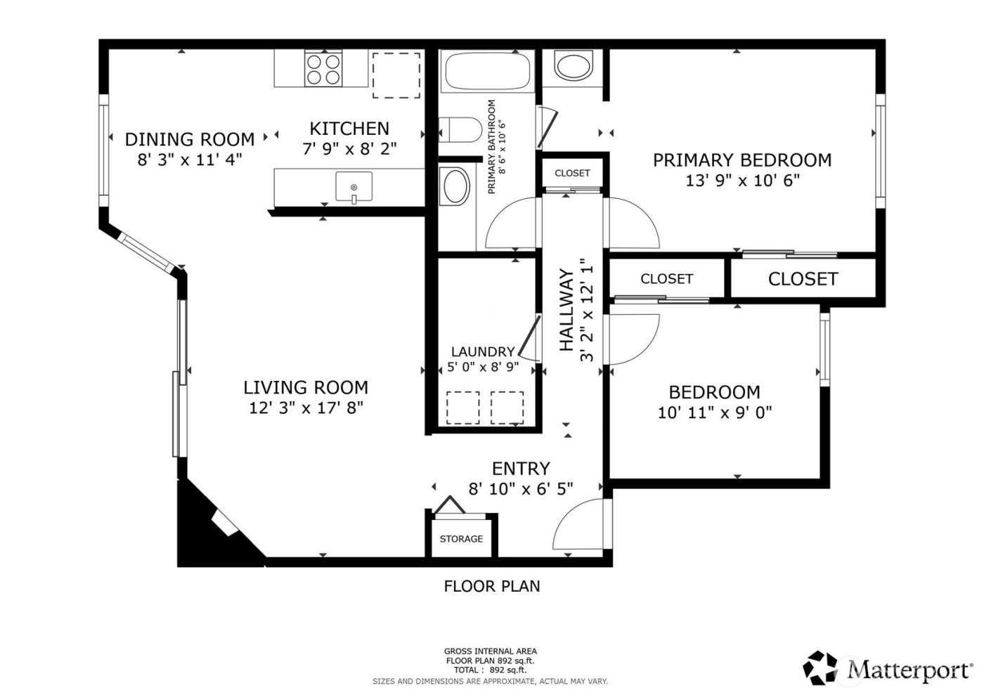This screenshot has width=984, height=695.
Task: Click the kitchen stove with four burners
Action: coord(323,69)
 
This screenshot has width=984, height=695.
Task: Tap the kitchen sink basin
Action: coord(354,187)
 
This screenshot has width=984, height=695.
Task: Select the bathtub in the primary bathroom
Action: coord(486,70)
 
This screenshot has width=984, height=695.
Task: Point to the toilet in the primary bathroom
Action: coord(457,130)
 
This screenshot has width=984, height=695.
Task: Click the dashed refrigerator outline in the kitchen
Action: coord(396,75)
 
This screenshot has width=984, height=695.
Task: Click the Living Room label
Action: coord(306,387)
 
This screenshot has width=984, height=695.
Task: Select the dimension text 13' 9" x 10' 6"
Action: coord(742,181)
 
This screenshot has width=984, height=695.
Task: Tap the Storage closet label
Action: coord(461,539)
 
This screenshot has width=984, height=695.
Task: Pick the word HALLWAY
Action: coord(567,310)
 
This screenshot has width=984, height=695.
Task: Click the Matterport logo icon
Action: coord(820,668)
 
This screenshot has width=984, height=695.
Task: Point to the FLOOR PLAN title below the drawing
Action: coord(492,586)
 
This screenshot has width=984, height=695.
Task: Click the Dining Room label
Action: coord(190,139)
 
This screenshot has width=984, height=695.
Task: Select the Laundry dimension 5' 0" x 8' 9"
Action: coord(483,367)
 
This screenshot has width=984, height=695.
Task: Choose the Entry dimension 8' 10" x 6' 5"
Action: coord(521,488)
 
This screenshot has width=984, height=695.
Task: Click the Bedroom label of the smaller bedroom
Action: coord(714,392)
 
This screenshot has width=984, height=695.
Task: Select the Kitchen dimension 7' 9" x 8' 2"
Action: coord(349,149)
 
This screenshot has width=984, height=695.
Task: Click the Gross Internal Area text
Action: coord(490,651)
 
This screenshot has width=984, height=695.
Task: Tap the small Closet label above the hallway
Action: coord(572,173)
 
